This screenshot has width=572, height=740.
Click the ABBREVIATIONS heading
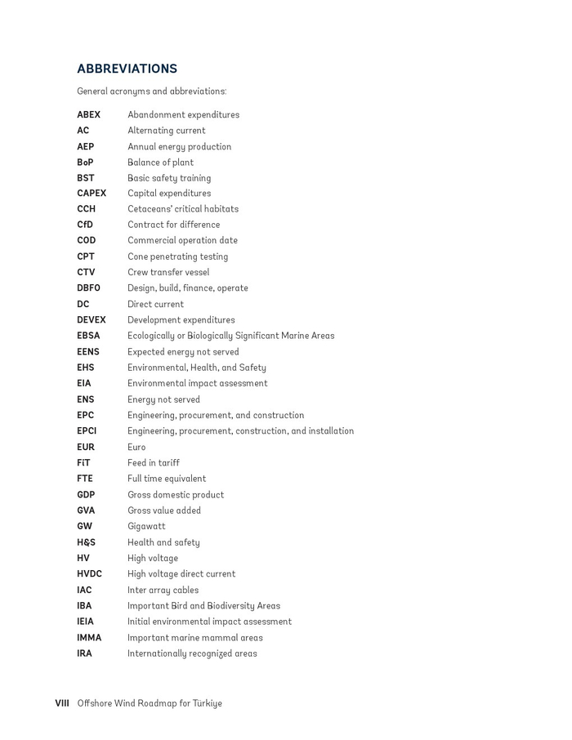point(127,69)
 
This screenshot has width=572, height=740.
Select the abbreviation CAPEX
point(92,194)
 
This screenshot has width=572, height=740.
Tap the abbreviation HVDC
point(89,574)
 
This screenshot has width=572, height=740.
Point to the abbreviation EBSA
point(88,336)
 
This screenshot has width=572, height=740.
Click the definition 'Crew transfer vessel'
point(168,273)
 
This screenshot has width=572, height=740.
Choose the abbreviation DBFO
point(88,288)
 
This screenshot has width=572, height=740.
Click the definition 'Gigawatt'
point(146,527)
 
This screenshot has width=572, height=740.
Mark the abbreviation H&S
point(86,542)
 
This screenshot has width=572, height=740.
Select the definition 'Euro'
point(136,448)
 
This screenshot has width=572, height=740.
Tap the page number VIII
point(62,703)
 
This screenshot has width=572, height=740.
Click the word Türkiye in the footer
point(207,703)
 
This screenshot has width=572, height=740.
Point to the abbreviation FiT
point(83,463)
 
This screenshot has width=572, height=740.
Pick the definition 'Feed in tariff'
point(153,463)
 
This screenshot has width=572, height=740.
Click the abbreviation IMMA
point(89,638)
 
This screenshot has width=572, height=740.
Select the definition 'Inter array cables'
point(163,591)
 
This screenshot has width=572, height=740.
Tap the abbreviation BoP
point(85,163)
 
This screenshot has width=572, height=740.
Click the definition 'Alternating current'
point(166,131)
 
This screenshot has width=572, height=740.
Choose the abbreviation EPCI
point(87,431)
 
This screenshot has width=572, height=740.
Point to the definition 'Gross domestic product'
point(175,495)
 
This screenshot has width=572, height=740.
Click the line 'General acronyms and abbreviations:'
point(151,91)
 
